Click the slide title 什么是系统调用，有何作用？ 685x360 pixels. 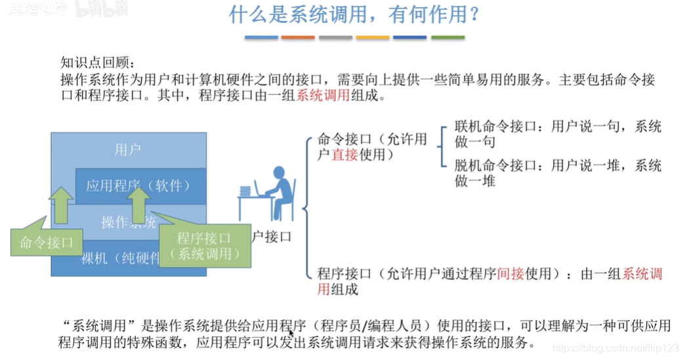tap(354, 16)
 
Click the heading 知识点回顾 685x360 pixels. tap(96, 64)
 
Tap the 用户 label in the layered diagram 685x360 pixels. tap(127, 150)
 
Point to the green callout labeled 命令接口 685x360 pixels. tap(47, 242)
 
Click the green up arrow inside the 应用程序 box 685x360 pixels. tap(138, 204)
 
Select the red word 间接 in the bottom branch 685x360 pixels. tap(511, 274)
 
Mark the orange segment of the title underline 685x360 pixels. tap(299, 37)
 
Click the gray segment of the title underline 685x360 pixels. tap(335, 37)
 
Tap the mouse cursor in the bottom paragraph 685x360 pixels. tap(291, 333)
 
